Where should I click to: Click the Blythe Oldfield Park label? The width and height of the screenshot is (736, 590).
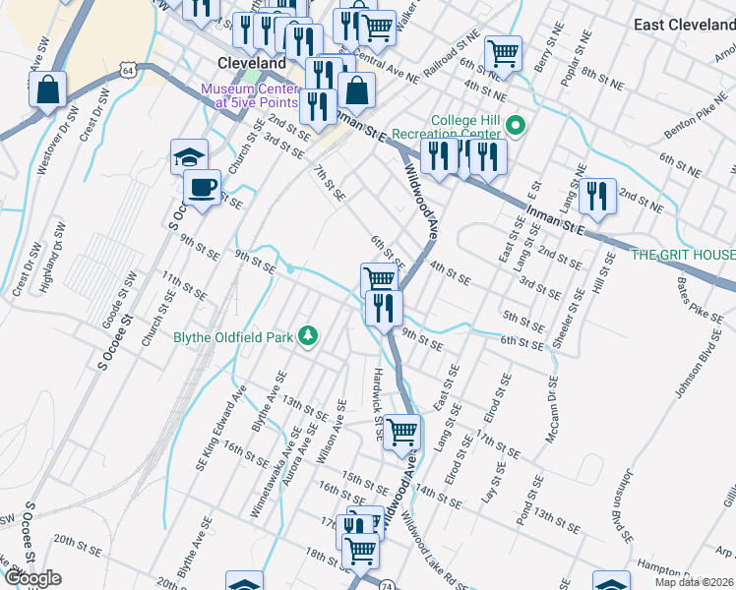pyautogui.click(x=234, y=337)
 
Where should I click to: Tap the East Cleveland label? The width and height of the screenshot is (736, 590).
pyautogui.click(x=684, y=25)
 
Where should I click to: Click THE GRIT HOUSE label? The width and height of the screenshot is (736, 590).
pyautogui.click(x=683, y=255)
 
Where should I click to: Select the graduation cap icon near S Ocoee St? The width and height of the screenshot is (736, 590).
pyautogui.click(x=190, y=157)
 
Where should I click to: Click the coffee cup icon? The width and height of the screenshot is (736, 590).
pyautogui.click(x=203, y=187)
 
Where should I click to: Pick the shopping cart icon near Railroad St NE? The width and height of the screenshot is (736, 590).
pyautogui.click(x=503, y=53)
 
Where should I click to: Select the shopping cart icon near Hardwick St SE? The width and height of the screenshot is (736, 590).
pyautogui.click(x=401, y=431)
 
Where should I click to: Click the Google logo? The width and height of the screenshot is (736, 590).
pyautogui.click(x=32, y=578)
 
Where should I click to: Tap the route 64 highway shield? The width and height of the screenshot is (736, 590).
pyautogui.click(x=127, y=70)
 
